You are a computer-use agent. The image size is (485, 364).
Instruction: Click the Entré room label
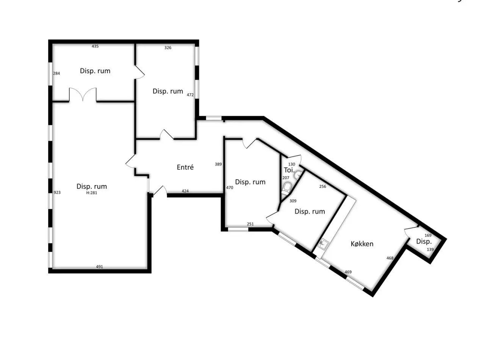(x=185, y=167)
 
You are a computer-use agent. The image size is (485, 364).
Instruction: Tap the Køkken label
(x=362, y=243)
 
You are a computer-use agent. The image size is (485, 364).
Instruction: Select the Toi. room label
(x=289, y=170)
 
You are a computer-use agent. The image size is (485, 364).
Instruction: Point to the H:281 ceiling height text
(x=91, y=193)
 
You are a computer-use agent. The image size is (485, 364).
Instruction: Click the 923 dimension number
(x=57, y=192)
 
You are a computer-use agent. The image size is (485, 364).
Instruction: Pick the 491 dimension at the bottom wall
(x=99, y=267)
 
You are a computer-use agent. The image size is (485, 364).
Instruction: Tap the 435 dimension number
(x=95, y=46)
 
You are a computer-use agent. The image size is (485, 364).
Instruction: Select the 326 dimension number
(x=168, y=47)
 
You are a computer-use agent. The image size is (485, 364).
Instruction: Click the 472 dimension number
(x=190, y=95)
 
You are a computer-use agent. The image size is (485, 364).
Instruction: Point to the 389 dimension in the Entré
(x=218, y=164)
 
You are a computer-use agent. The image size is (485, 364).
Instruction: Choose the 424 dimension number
(x=185, y=191)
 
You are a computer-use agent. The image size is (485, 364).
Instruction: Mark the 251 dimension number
(x=250, y=224)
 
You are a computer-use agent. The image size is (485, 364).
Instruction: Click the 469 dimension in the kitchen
(x=348, y=272)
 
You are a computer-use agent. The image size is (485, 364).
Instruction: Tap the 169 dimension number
(x=428, y=235)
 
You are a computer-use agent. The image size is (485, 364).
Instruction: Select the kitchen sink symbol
(x=323, y=244)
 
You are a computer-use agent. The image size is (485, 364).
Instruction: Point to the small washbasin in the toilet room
(x=298, y=175)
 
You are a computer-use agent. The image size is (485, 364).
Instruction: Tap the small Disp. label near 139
(x=424, y=242)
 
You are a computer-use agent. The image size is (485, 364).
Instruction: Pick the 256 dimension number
(x=322, y=186)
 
